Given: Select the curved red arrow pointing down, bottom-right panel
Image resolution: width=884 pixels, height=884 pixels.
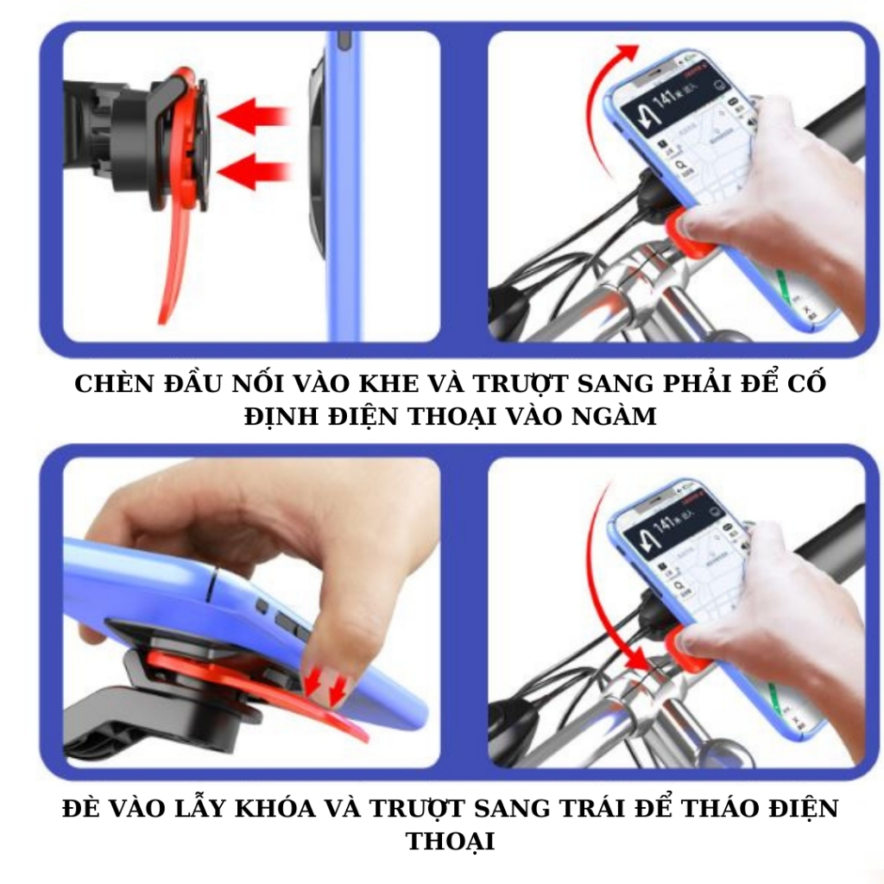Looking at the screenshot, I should click(609, 604).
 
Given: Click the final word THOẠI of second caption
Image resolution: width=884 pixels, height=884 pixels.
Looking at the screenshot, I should click(450, 841).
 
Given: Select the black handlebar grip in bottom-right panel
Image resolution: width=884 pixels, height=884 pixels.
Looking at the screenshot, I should click(833, 540).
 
